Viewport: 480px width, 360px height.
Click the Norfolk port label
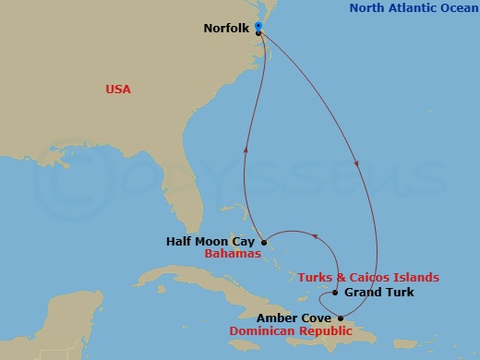226,28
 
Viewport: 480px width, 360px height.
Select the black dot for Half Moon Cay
264,242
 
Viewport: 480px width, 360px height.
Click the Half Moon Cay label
210,242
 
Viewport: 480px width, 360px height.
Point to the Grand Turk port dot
335,293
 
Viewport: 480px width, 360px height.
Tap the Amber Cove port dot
341,318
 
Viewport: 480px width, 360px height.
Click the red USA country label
118,90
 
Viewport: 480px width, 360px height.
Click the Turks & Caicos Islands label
367,277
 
